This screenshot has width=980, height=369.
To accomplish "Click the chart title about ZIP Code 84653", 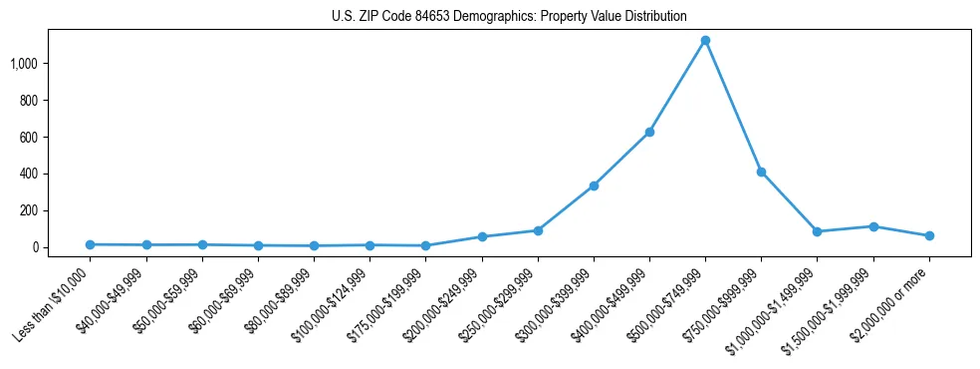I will click(x=509, y=16).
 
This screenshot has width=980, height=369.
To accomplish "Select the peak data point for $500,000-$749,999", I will click(x=705, y=41).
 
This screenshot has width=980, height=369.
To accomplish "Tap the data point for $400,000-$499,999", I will click(x=649, y=132).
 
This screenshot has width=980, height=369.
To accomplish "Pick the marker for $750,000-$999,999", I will click(x=761, y=172).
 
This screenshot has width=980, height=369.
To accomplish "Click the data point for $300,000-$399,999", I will click(x=594, y=185).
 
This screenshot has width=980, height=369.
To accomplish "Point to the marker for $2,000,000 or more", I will click(x=929, y=235).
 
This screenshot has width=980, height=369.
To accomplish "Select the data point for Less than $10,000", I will click(x=91, y=244).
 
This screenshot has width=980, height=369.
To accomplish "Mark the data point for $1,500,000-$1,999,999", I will click(x=873, y=226).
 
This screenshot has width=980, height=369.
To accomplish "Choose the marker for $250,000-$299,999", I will click(x=538, y=230).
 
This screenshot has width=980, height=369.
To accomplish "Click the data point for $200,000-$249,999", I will click(x=482, y=236).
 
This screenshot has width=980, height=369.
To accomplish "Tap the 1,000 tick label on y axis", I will click(x=24, y=64).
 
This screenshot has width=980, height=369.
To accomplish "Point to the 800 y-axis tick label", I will click(x=29, y=101).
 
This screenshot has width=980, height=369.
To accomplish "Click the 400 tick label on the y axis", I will click(x=29, y=174).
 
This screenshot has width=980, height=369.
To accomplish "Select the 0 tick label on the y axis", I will click(x=34, y=247).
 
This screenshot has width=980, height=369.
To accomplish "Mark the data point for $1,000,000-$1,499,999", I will click(x=818, y=231).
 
